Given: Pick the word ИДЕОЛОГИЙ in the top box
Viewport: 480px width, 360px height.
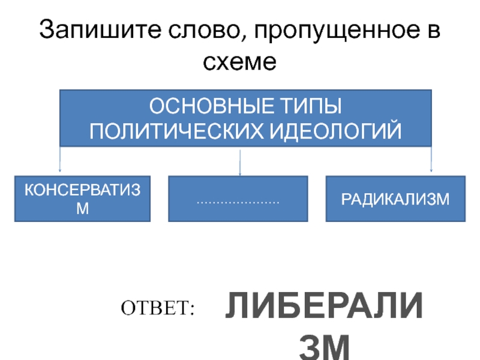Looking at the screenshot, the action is click(339, 130).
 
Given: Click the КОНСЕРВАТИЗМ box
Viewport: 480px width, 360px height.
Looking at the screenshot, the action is click(83, 199).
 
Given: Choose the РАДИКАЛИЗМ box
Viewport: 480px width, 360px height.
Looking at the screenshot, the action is click(395, 199).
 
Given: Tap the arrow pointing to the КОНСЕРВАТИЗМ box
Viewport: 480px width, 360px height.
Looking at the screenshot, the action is click(60, 161).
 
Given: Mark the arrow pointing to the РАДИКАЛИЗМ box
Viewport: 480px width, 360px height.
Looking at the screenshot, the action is click(431, 161).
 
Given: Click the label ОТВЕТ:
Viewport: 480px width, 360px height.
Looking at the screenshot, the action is click(158, 308).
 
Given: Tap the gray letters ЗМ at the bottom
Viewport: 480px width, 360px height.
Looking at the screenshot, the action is click(325, 347).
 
